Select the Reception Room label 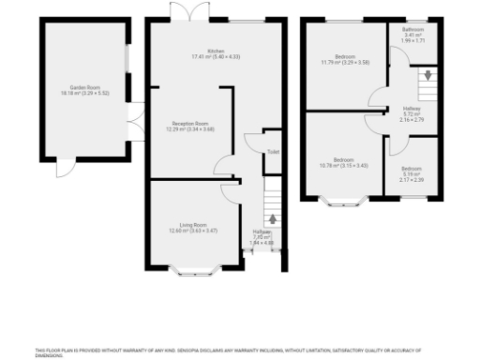click(x=189, y=126)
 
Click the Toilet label click(x=272, y=151)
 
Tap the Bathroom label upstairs click(x=413, y=33)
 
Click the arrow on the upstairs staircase click(x=427, y=74)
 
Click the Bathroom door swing click(x=397, y=58)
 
